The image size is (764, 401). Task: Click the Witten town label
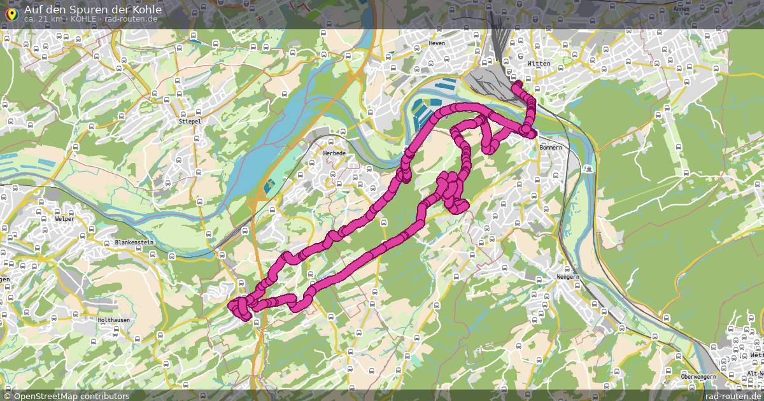(538, 64)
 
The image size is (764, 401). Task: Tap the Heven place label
(437, 43)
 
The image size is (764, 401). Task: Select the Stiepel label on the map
(189, 120)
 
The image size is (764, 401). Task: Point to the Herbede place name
(334, 153)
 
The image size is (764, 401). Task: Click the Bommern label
(551, 148)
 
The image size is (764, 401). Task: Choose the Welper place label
(64, 219)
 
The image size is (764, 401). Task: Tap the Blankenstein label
(135, 243)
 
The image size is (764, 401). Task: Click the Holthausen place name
(115, 320)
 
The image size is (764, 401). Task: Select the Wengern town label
(567, 278)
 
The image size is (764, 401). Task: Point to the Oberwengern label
(698, 377)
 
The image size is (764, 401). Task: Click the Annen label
(681, 9)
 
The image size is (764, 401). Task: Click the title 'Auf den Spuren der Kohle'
(92, 10)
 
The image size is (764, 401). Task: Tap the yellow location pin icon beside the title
(10, 13)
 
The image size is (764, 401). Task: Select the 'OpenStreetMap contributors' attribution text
(71, 396)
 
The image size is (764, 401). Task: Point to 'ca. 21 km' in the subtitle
(43, 19)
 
